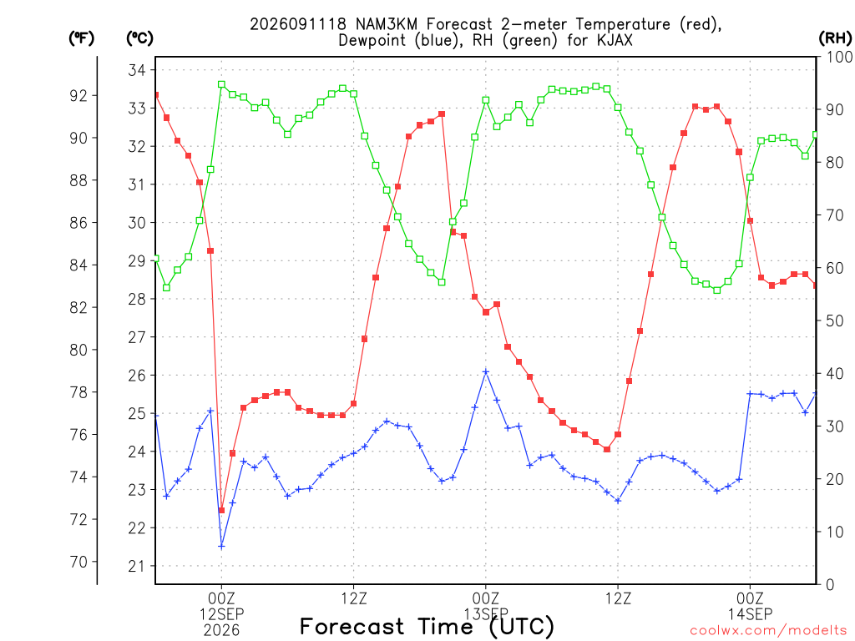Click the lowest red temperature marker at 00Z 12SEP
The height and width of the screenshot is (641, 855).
pos(221,510)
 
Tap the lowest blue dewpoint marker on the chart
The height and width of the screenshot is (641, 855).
pos(221,546)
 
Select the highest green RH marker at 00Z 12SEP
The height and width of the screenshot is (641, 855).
pos(221,84)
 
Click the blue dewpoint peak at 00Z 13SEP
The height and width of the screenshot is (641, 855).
pos(486,371)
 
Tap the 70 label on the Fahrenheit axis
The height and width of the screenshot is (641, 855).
pos(78,562)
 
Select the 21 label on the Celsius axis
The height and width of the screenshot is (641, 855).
pos(137,567)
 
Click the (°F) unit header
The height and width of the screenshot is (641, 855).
pos(81,38)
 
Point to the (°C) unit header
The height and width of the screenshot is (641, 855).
pos(139,38)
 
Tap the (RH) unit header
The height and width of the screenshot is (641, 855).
pos(835,38)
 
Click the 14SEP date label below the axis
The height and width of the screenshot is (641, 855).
pos(751,614)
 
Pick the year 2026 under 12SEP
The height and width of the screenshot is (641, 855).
pos(221,631)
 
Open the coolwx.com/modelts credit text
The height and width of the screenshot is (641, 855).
pos(768,631)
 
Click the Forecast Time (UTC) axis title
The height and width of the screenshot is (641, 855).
pos(427,627)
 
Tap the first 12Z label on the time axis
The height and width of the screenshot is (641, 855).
pos(354,598)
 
